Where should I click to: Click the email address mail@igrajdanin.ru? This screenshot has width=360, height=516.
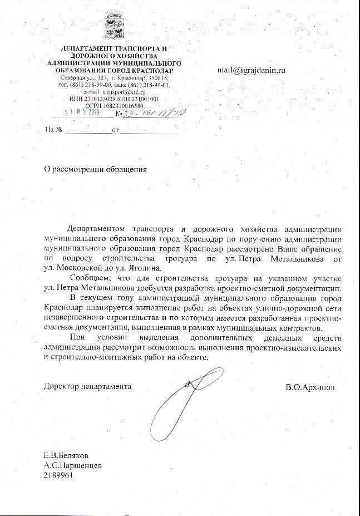pos(251,71)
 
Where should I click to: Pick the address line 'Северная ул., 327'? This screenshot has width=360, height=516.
pos(83,78)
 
